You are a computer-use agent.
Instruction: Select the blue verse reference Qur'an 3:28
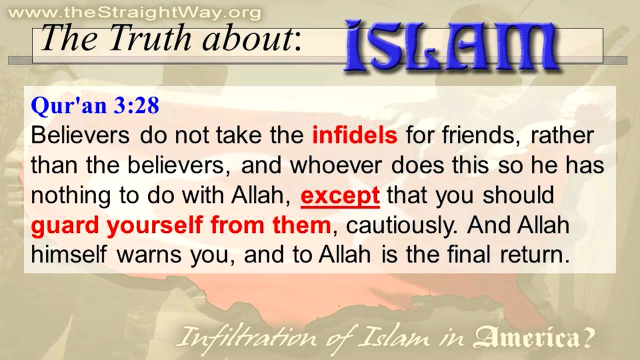coord(95,106)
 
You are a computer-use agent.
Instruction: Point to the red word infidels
coord(354,135)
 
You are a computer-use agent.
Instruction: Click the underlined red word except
coord(340,195)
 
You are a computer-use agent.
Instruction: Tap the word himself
coord(68,255)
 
